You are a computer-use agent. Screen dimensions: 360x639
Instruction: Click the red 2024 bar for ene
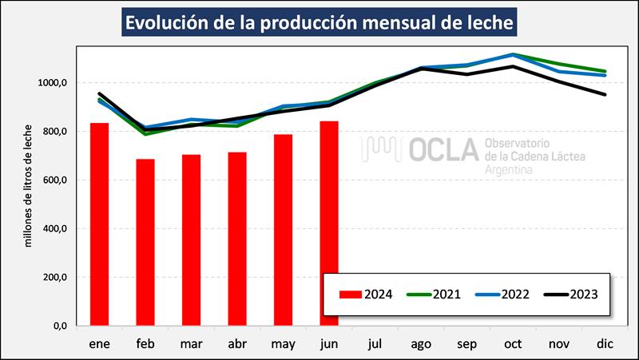tap(99, 224)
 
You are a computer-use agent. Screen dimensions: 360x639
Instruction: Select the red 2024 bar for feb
tap(145, 243)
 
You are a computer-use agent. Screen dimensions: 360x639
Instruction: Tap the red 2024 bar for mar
tap(191, 240)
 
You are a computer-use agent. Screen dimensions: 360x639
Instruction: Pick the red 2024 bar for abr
tap(237, 239)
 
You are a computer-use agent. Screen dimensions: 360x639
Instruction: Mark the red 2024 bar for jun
tap(329, 224)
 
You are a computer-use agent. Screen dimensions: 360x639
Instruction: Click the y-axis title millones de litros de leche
tap(29, 185)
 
